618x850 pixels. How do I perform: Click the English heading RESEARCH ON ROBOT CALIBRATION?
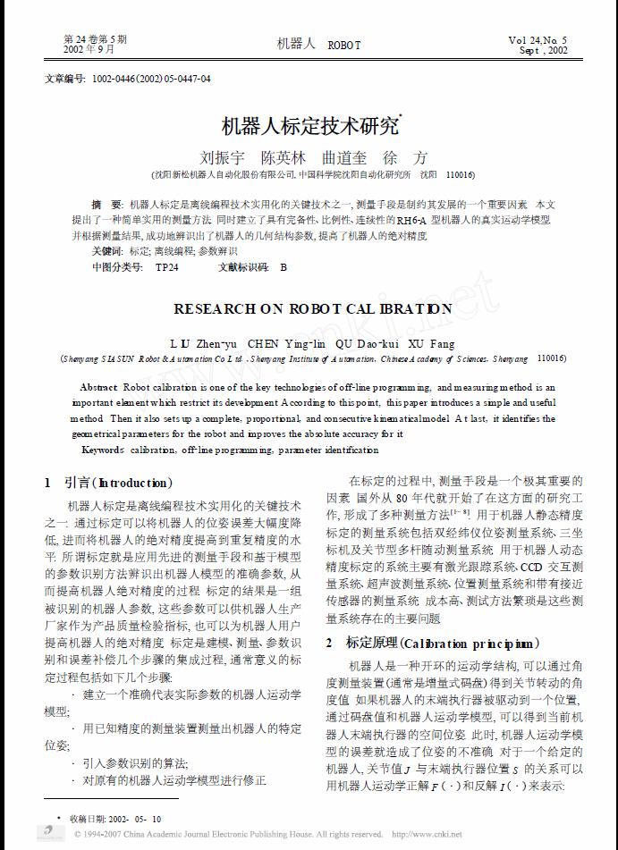coord(312,308)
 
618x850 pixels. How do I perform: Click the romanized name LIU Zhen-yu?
coord(203,343)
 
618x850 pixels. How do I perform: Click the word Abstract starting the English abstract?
coord(98,388)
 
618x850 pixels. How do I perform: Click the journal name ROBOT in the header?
coord(344,45)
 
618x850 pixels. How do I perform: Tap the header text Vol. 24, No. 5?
coord(538,40)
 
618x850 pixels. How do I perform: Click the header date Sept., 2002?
coord(545,51)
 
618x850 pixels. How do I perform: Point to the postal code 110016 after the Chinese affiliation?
coord(461,175)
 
